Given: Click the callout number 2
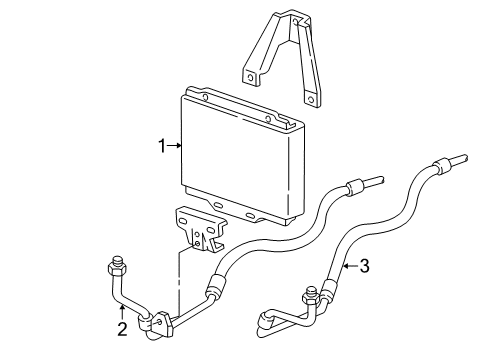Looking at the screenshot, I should (121, 328).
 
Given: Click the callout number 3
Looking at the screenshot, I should (364, 265).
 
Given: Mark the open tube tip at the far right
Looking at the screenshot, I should (462, 158).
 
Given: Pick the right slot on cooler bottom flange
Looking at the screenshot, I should (248, 214).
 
